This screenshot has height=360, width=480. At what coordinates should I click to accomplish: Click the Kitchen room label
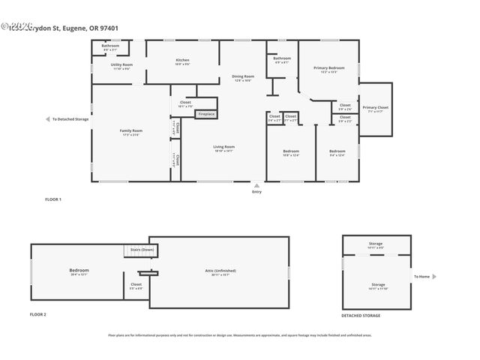[x=182, y=60]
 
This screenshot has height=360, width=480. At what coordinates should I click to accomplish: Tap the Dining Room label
[x=243, y=76]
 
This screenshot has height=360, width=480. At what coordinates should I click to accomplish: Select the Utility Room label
[x=122, y=65]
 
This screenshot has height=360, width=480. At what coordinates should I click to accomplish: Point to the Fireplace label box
[x=206, y=114]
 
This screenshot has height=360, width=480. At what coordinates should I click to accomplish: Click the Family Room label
[x=131, y=130]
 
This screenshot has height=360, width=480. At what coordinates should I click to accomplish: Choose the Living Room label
[x=224, y=146]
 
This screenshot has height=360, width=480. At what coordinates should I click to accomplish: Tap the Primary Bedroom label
[x=328, y=68]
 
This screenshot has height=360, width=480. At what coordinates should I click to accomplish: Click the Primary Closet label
[x=375, y=108]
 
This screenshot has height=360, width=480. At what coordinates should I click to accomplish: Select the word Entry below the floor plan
[x=257, y=192]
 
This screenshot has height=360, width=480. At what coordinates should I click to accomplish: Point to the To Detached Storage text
[x=70, y=119]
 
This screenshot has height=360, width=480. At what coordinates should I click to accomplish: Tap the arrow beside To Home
[x=434, y=277]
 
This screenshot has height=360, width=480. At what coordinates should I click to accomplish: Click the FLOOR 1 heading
[x=53, y=199]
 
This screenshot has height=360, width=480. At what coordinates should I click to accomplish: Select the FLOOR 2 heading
[x=38, y=314]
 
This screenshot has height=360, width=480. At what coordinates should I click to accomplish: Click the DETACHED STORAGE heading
[x=361, y=316]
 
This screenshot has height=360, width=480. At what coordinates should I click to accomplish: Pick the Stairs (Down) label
[x=142, y=249]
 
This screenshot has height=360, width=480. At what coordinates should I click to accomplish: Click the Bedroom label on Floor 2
[x=79, y=270]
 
